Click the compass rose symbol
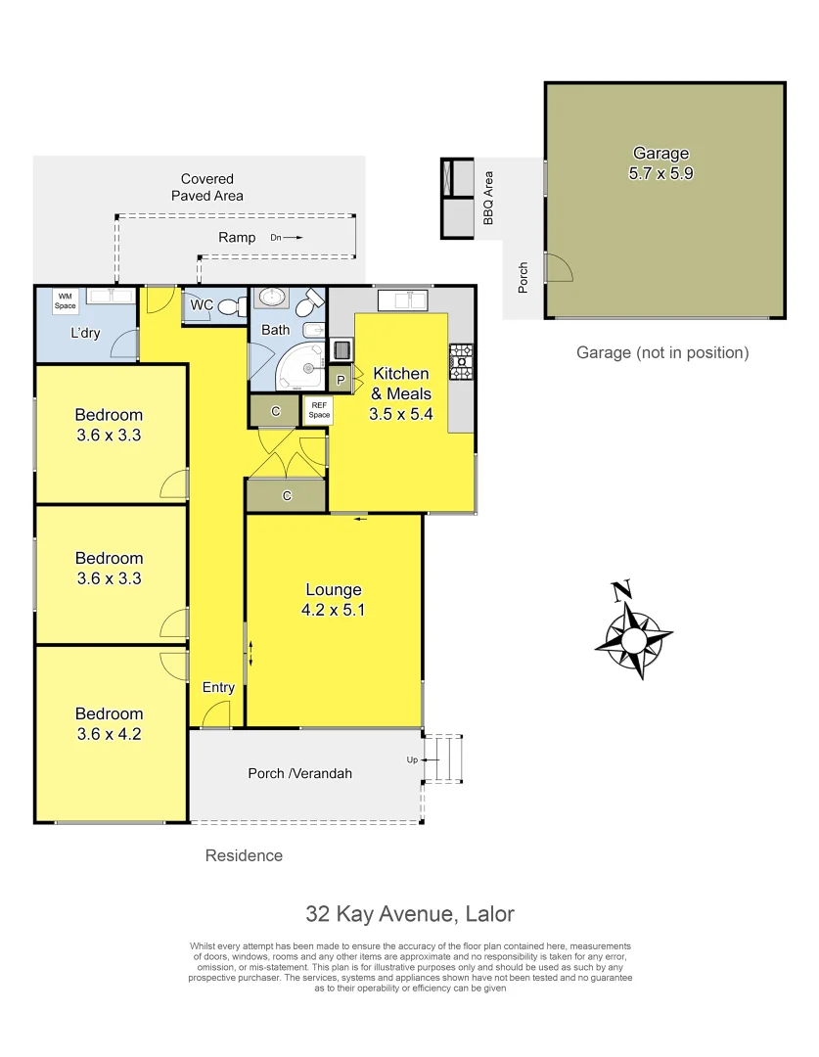tap(633, 637)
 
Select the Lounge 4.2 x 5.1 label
tap(334, 599)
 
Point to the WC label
tap(202, 305)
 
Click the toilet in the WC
tap(231, 306)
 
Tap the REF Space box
tap(319, 409)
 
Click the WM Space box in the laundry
tap(66, 299)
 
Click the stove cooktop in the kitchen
tap(461, 361)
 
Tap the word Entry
tap(218, 687)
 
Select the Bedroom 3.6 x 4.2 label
tap(110, 723)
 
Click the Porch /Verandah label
tap(299, 773)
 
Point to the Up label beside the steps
tap(412, 759)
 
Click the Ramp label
tap(237, 237)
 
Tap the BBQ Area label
tap(488, 199)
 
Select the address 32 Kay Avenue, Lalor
tap(409, 914)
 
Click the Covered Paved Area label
tap(207, 187)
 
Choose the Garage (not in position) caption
tap(661, 352)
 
